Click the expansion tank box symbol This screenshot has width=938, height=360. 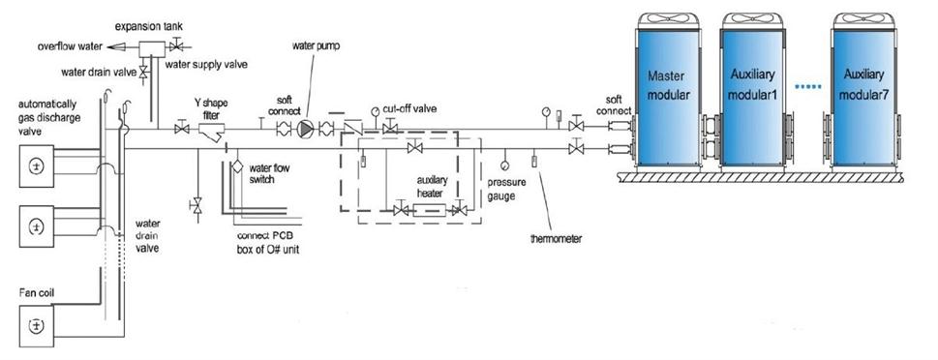152,49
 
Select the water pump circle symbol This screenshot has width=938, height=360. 306,128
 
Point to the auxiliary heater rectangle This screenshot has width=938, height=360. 429,210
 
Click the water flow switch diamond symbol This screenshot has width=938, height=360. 237,166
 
